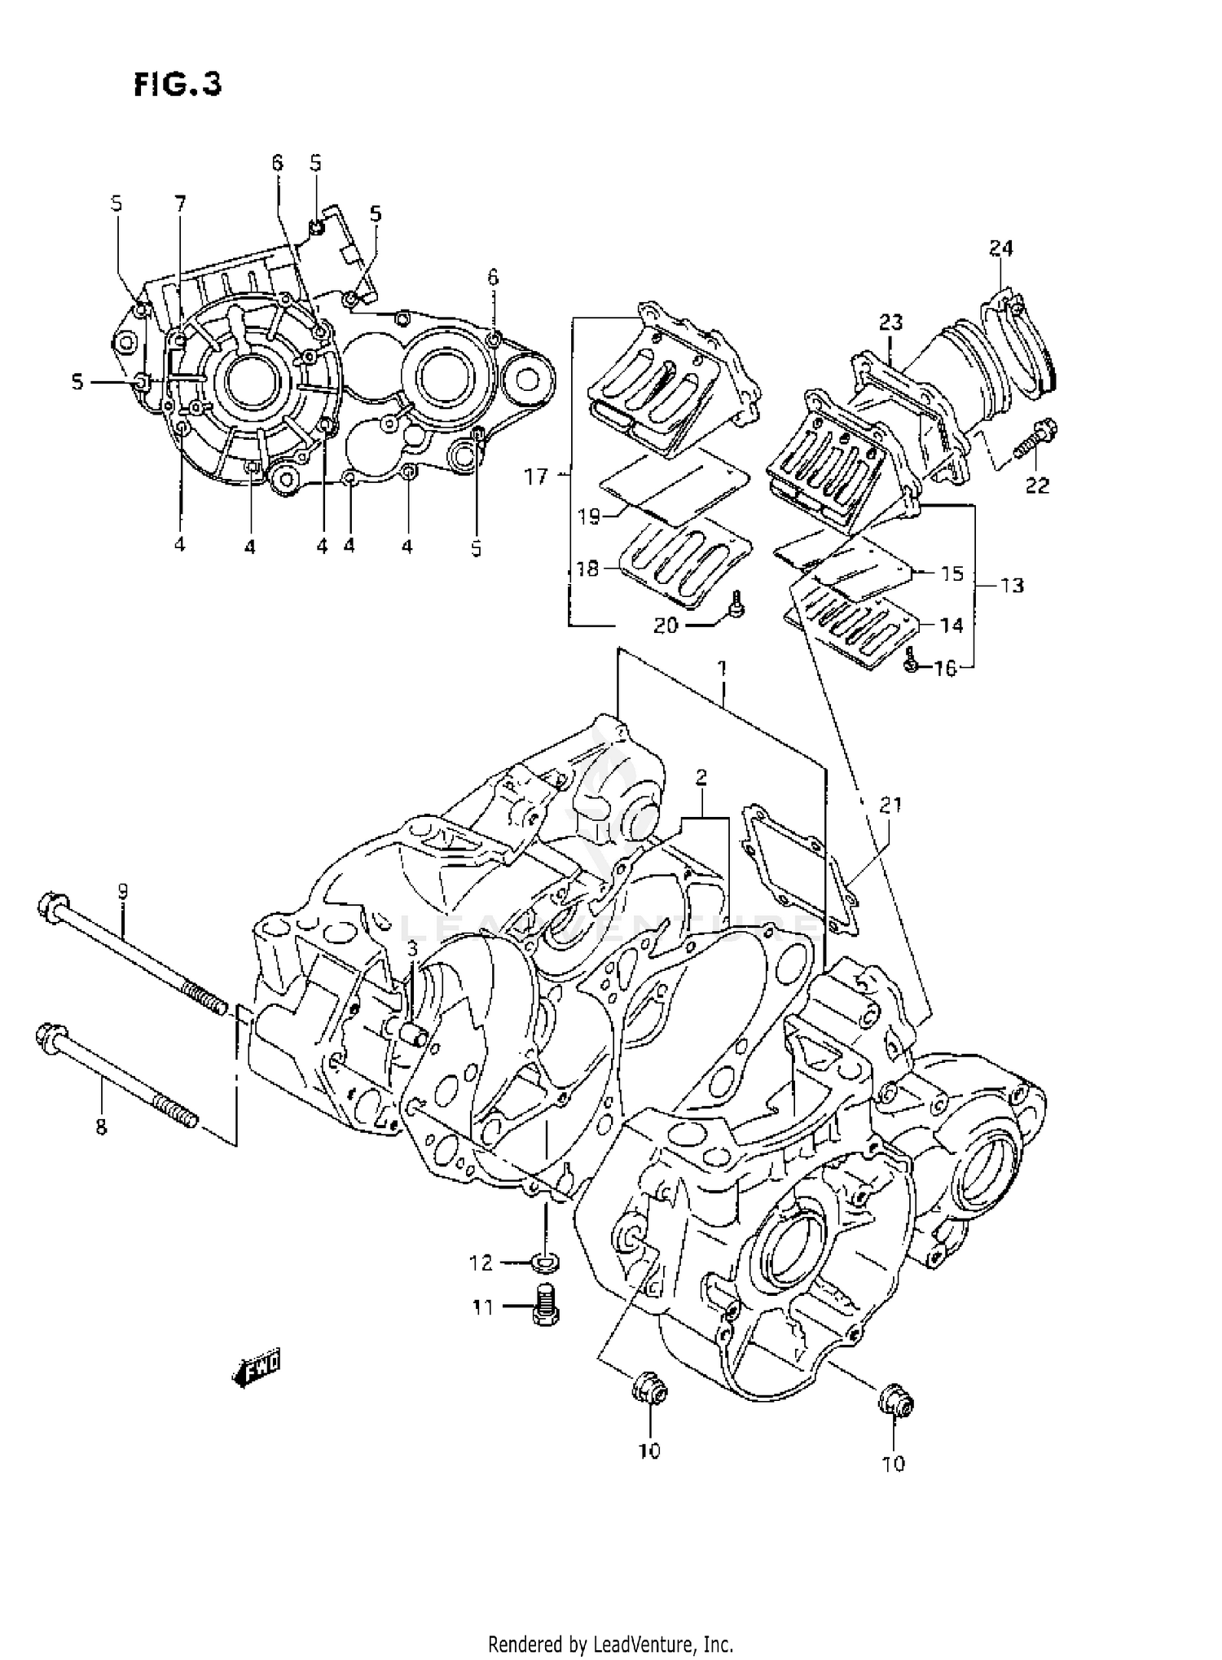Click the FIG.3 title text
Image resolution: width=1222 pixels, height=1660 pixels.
[178, 85]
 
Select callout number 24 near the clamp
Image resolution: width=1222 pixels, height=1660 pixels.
[1000, 248]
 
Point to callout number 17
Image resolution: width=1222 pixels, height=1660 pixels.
[536, 476]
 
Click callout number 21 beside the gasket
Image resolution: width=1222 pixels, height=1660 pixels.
[890, 805]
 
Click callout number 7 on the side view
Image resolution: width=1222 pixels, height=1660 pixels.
[179, 203]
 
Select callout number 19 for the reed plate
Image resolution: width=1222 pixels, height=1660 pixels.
[589, 516]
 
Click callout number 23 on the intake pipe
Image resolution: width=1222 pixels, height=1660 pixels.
[890, 323]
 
